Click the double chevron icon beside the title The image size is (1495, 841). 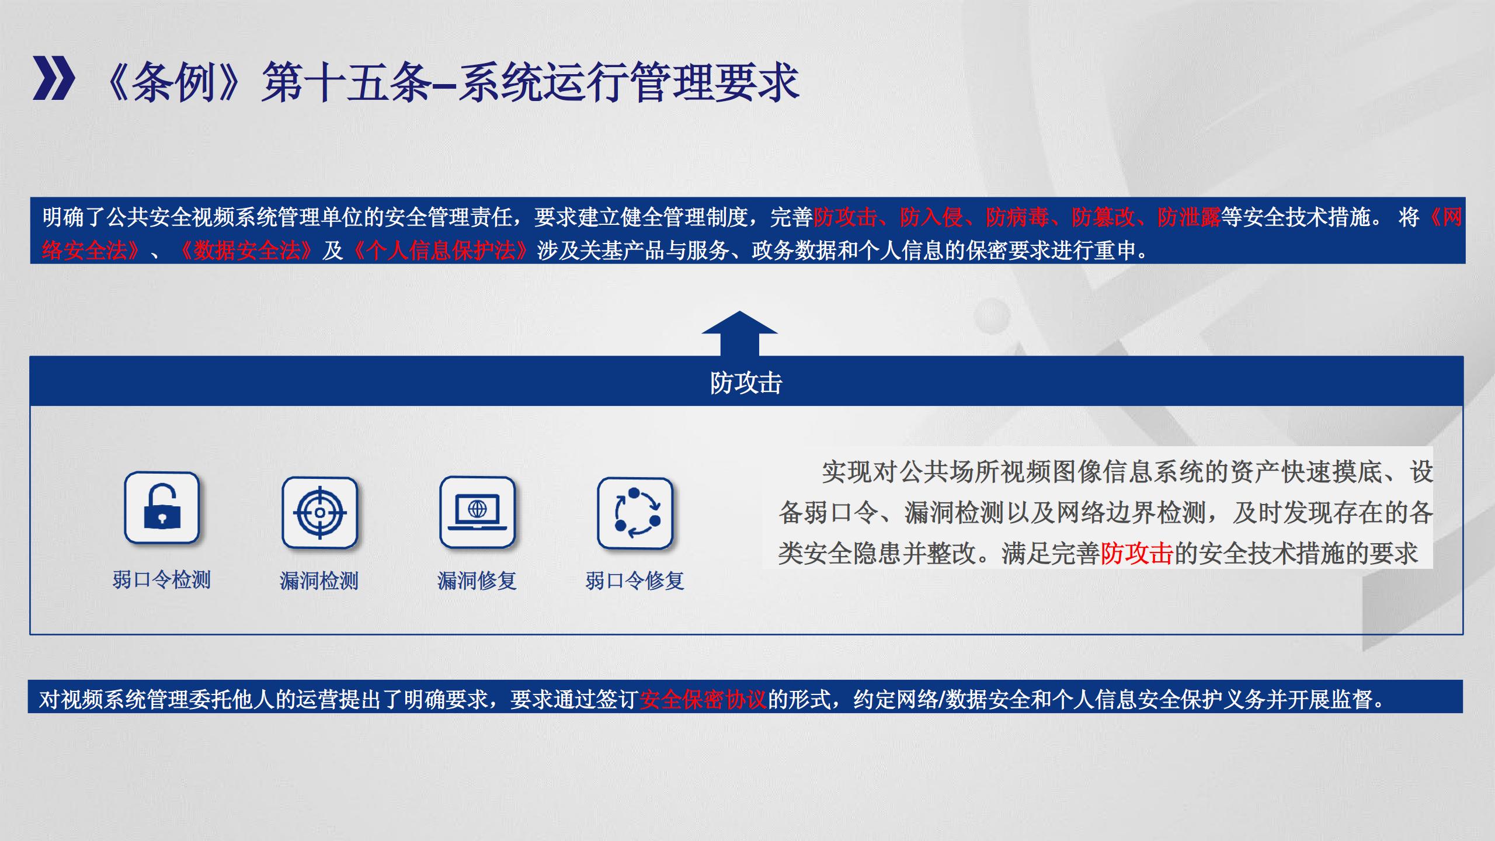54,78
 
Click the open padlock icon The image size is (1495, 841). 162,508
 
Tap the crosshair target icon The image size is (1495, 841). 319,513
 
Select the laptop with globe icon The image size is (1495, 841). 477,512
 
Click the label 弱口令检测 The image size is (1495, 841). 162,580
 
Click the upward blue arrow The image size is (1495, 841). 739,333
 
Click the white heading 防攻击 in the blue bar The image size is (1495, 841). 746,383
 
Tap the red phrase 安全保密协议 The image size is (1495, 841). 703,699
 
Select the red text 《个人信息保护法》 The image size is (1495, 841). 441,251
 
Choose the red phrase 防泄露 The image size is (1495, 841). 1189,217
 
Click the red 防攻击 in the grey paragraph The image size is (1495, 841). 1137,554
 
